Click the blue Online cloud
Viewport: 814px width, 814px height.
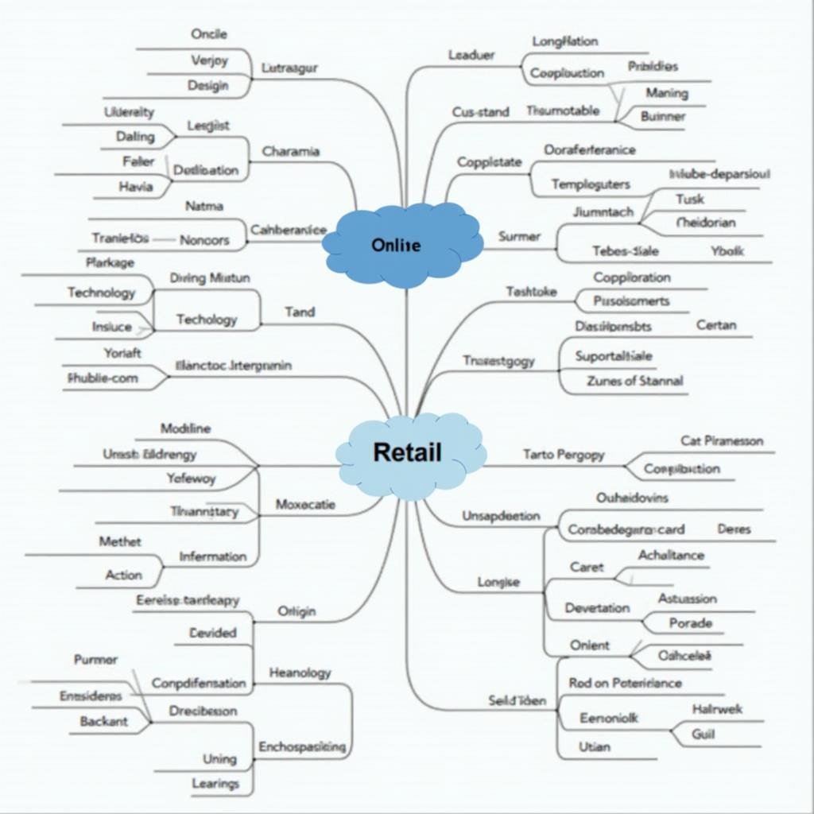point(403,244)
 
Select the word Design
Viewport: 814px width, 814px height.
point(207,85)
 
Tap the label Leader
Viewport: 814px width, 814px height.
point(471,55)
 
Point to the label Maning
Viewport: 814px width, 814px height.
point(666,93)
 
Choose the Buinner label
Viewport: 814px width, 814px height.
point(662,116)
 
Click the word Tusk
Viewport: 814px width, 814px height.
point(689,199)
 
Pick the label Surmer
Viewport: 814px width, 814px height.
point(519,236)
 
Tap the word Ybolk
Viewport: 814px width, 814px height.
point(727,250)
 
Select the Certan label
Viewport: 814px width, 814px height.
point(715,325)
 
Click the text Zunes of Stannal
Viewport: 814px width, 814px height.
point(634,381)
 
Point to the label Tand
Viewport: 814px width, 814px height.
point(299,312)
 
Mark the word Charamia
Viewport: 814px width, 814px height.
point(290,151)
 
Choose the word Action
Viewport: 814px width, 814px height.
point(123,575)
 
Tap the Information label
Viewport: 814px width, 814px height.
point(212,557)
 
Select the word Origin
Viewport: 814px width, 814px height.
point(296,611)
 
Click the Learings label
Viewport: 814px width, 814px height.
point(215,784)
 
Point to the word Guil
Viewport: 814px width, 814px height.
point(703,734)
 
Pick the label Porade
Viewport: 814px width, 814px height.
point(690,623)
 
